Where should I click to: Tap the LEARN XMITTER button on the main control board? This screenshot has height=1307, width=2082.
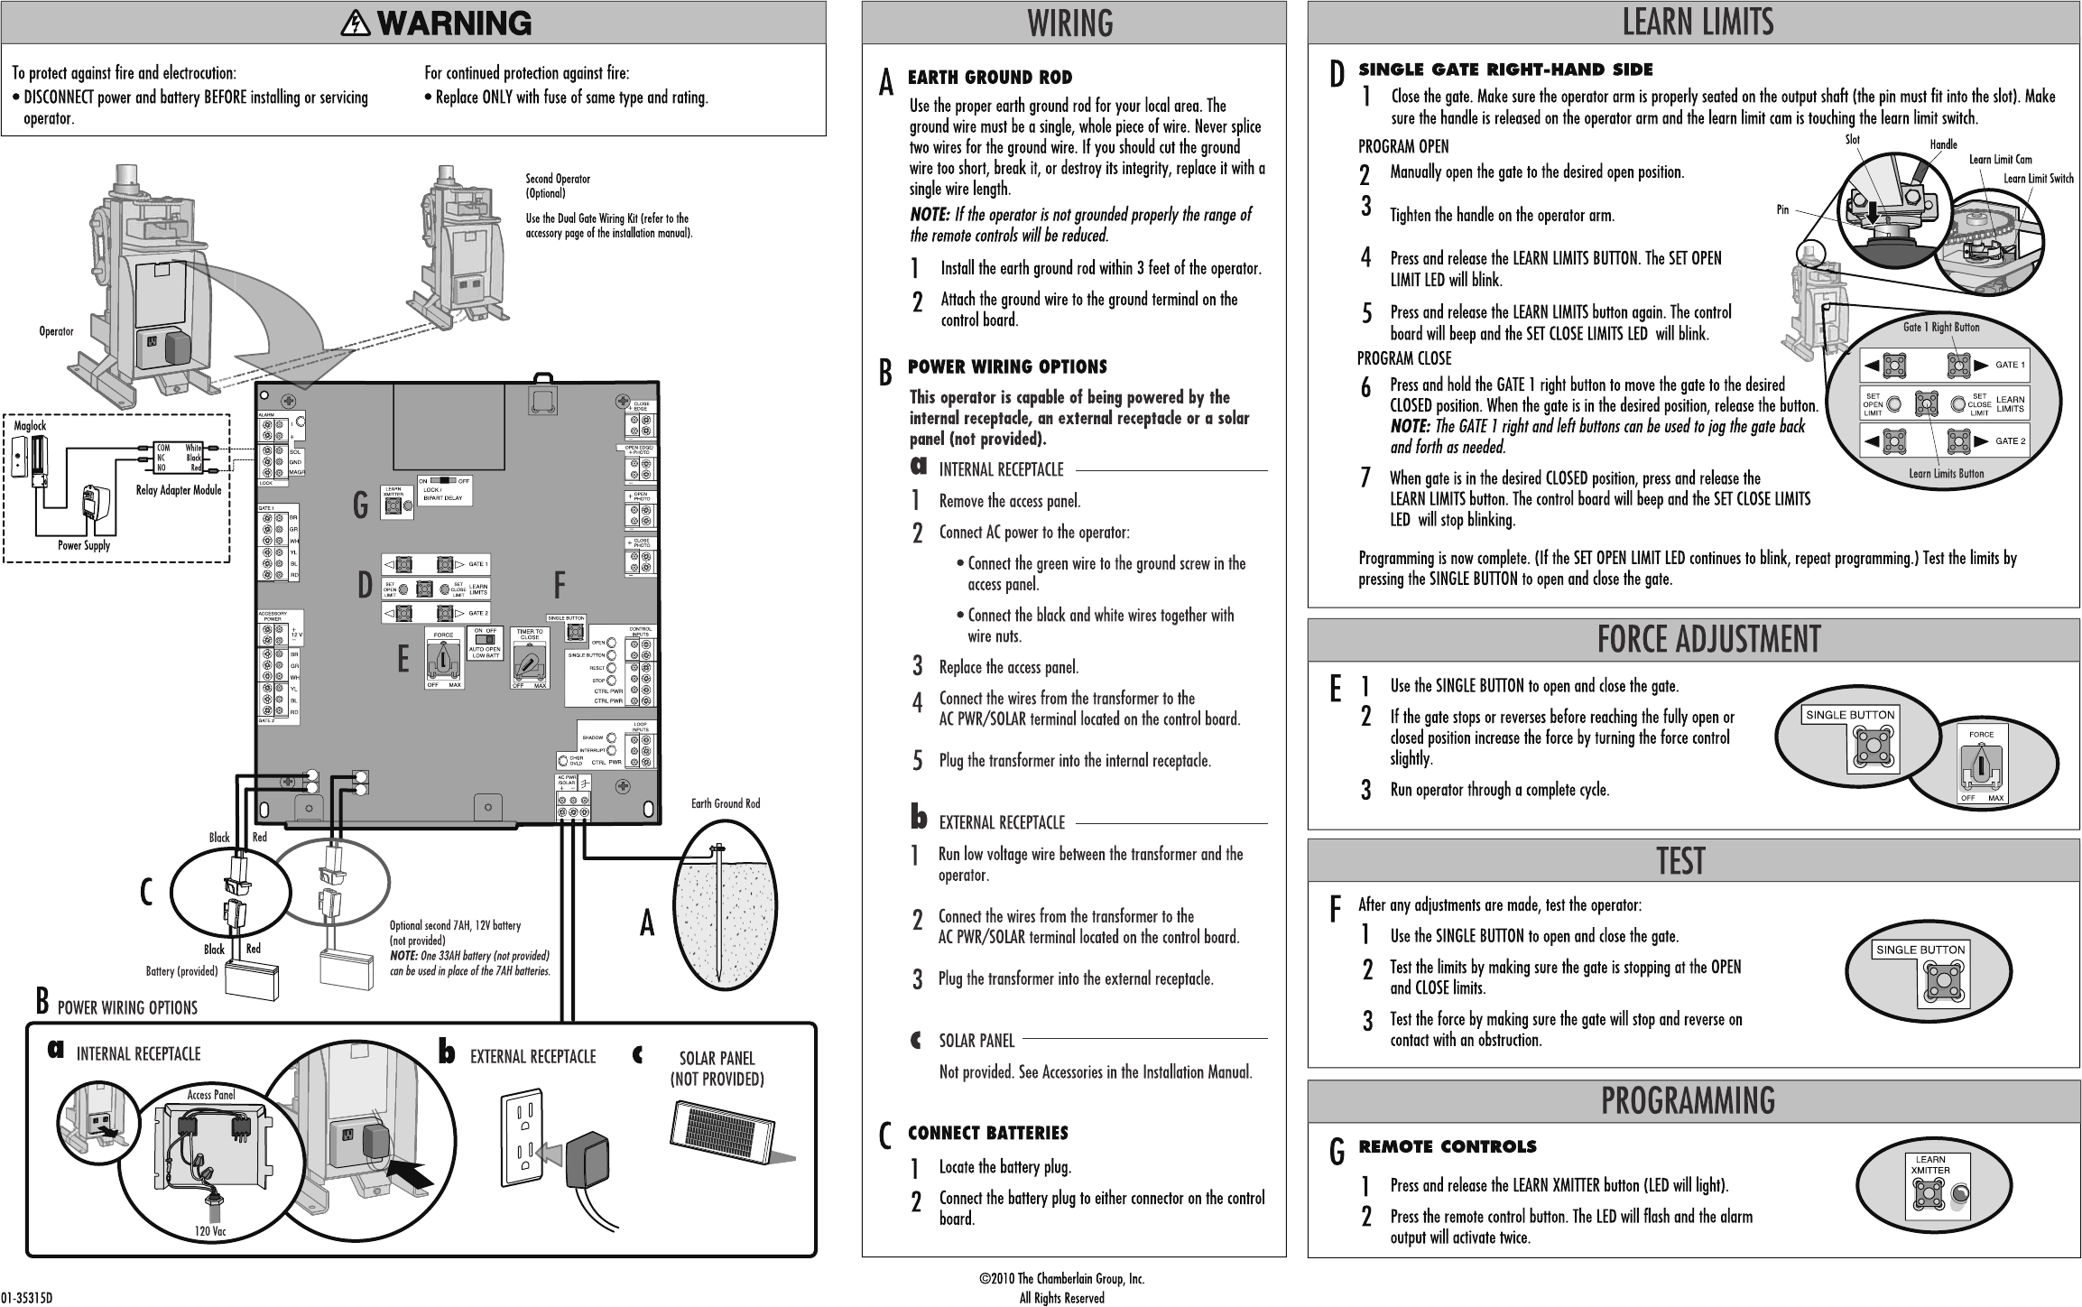click(x=393, y=508)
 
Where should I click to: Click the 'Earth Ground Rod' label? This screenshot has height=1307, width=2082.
click(x=725, y=803)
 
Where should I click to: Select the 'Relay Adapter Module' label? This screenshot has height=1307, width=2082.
click(x=178, y=491)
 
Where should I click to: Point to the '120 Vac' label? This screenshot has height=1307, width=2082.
click(x=210, y=1232)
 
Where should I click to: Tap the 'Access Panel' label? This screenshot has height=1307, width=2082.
click(x=211, y=1094)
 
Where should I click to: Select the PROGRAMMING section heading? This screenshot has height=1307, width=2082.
click(x=1688, y=1100)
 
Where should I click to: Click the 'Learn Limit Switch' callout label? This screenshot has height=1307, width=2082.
click(x=2038, y=179)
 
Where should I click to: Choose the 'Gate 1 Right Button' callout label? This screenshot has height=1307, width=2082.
click(x=1940, y=327)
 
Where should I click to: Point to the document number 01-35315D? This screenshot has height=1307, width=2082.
click(x=27, y=1298)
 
